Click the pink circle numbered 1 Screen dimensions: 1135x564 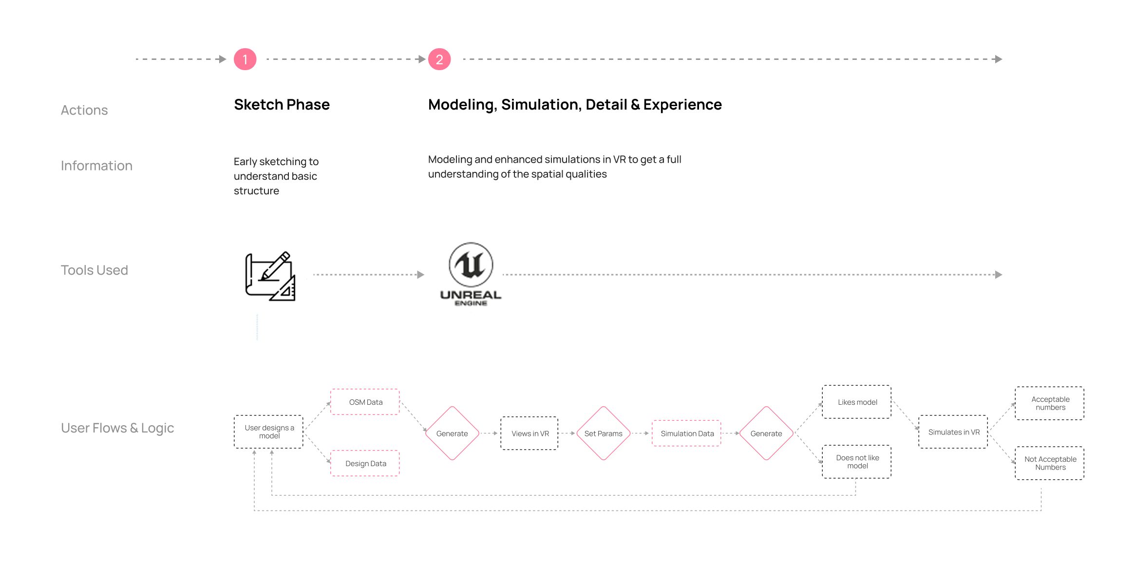[x=245, y=59]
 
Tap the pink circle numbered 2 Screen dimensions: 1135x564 [x=439, y=59]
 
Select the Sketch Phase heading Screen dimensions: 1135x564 [x=282, y=105]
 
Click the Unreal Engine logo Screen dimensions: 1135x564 [x=471, y=274]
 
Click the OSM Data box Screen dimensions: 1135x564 [x=365, y=402]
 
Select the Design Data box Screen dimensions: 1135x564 [x=365, y=463]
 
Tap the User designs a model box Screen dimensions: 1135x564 [x=269, y=432]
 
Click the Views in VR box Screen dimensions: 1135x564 [x=530, y=433]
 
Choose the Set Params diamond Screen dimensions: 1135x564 [x=603, y=433]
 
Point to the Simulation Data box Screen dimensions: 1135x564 [x=687, y=433]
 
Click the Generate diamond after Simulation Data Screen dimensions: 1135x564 [x=766, y=433]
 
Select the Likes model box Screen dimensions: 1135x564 [x=857, y=402]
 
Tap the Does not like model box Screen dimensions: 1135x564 [x=857, y=462]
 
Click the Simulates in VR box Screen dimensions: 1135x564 [x=953, y=432]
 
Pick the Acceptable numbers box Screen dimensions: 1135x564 [x=1050, y=403]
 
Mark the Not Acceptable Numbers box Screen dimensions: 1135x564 [x=1050, y=463]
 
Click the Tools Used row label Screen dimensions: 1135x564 [x=95, y=270]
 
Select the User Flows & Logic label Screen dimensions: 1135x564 [x=117, y=428]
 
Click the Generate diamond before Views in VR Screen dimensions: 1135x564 [x=452, y=433]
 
